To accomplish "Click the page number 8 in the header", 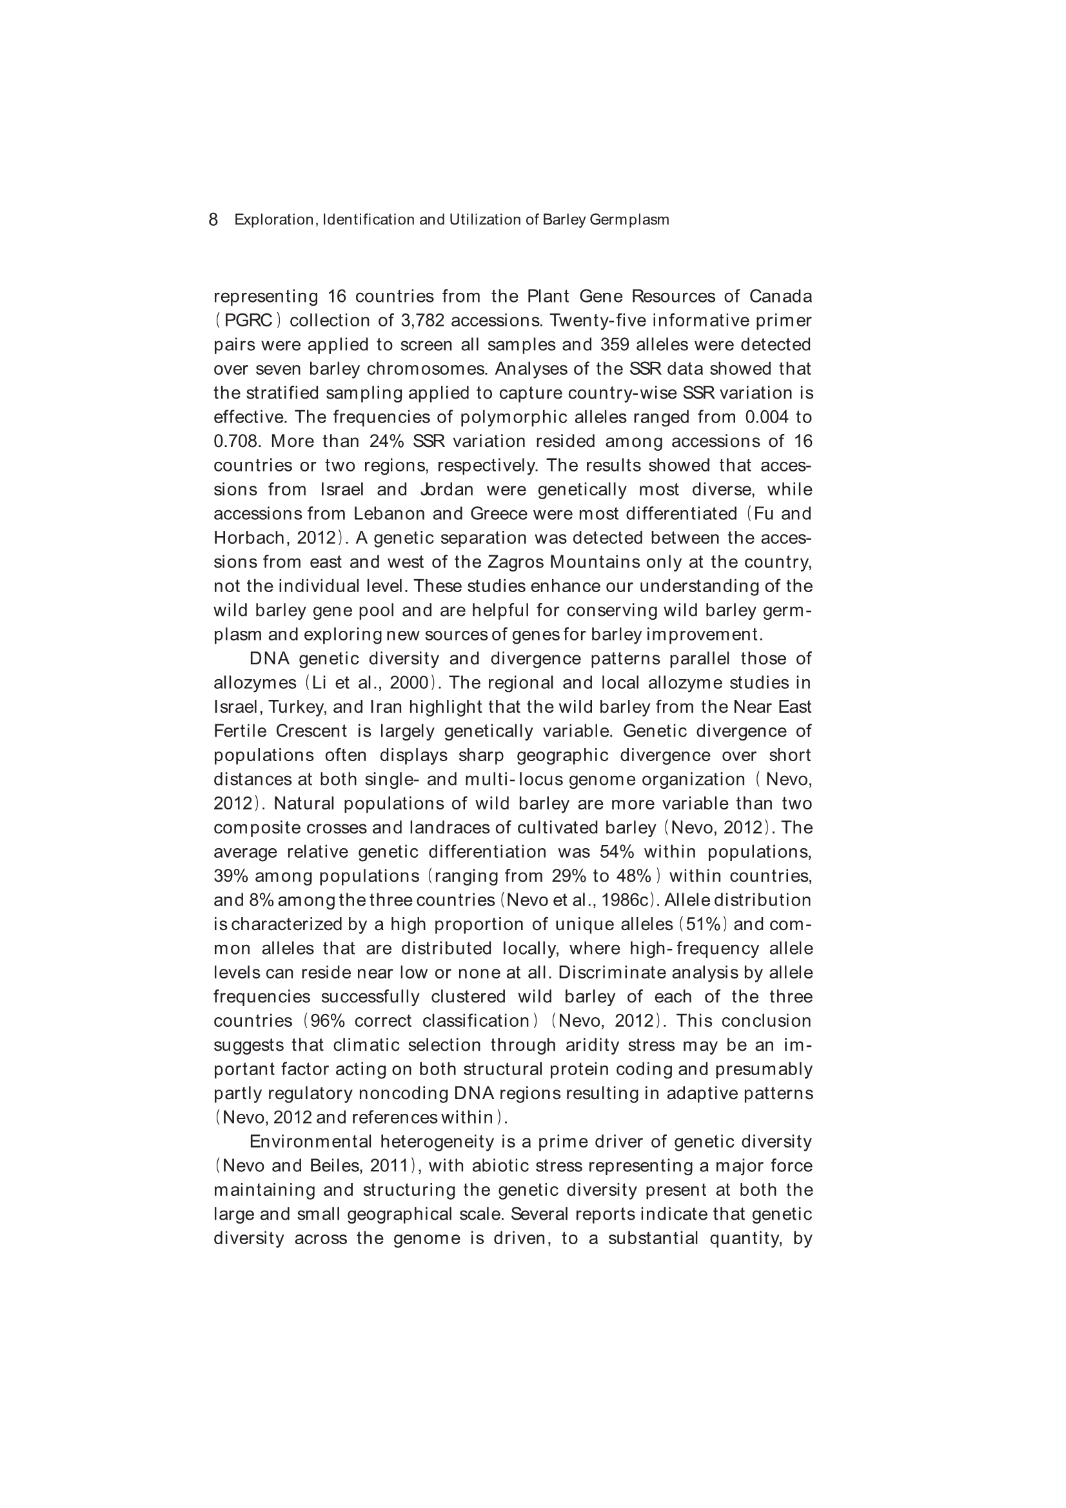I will coord(213,219).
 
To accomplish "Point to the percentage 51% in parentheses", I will coord(703,925).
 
